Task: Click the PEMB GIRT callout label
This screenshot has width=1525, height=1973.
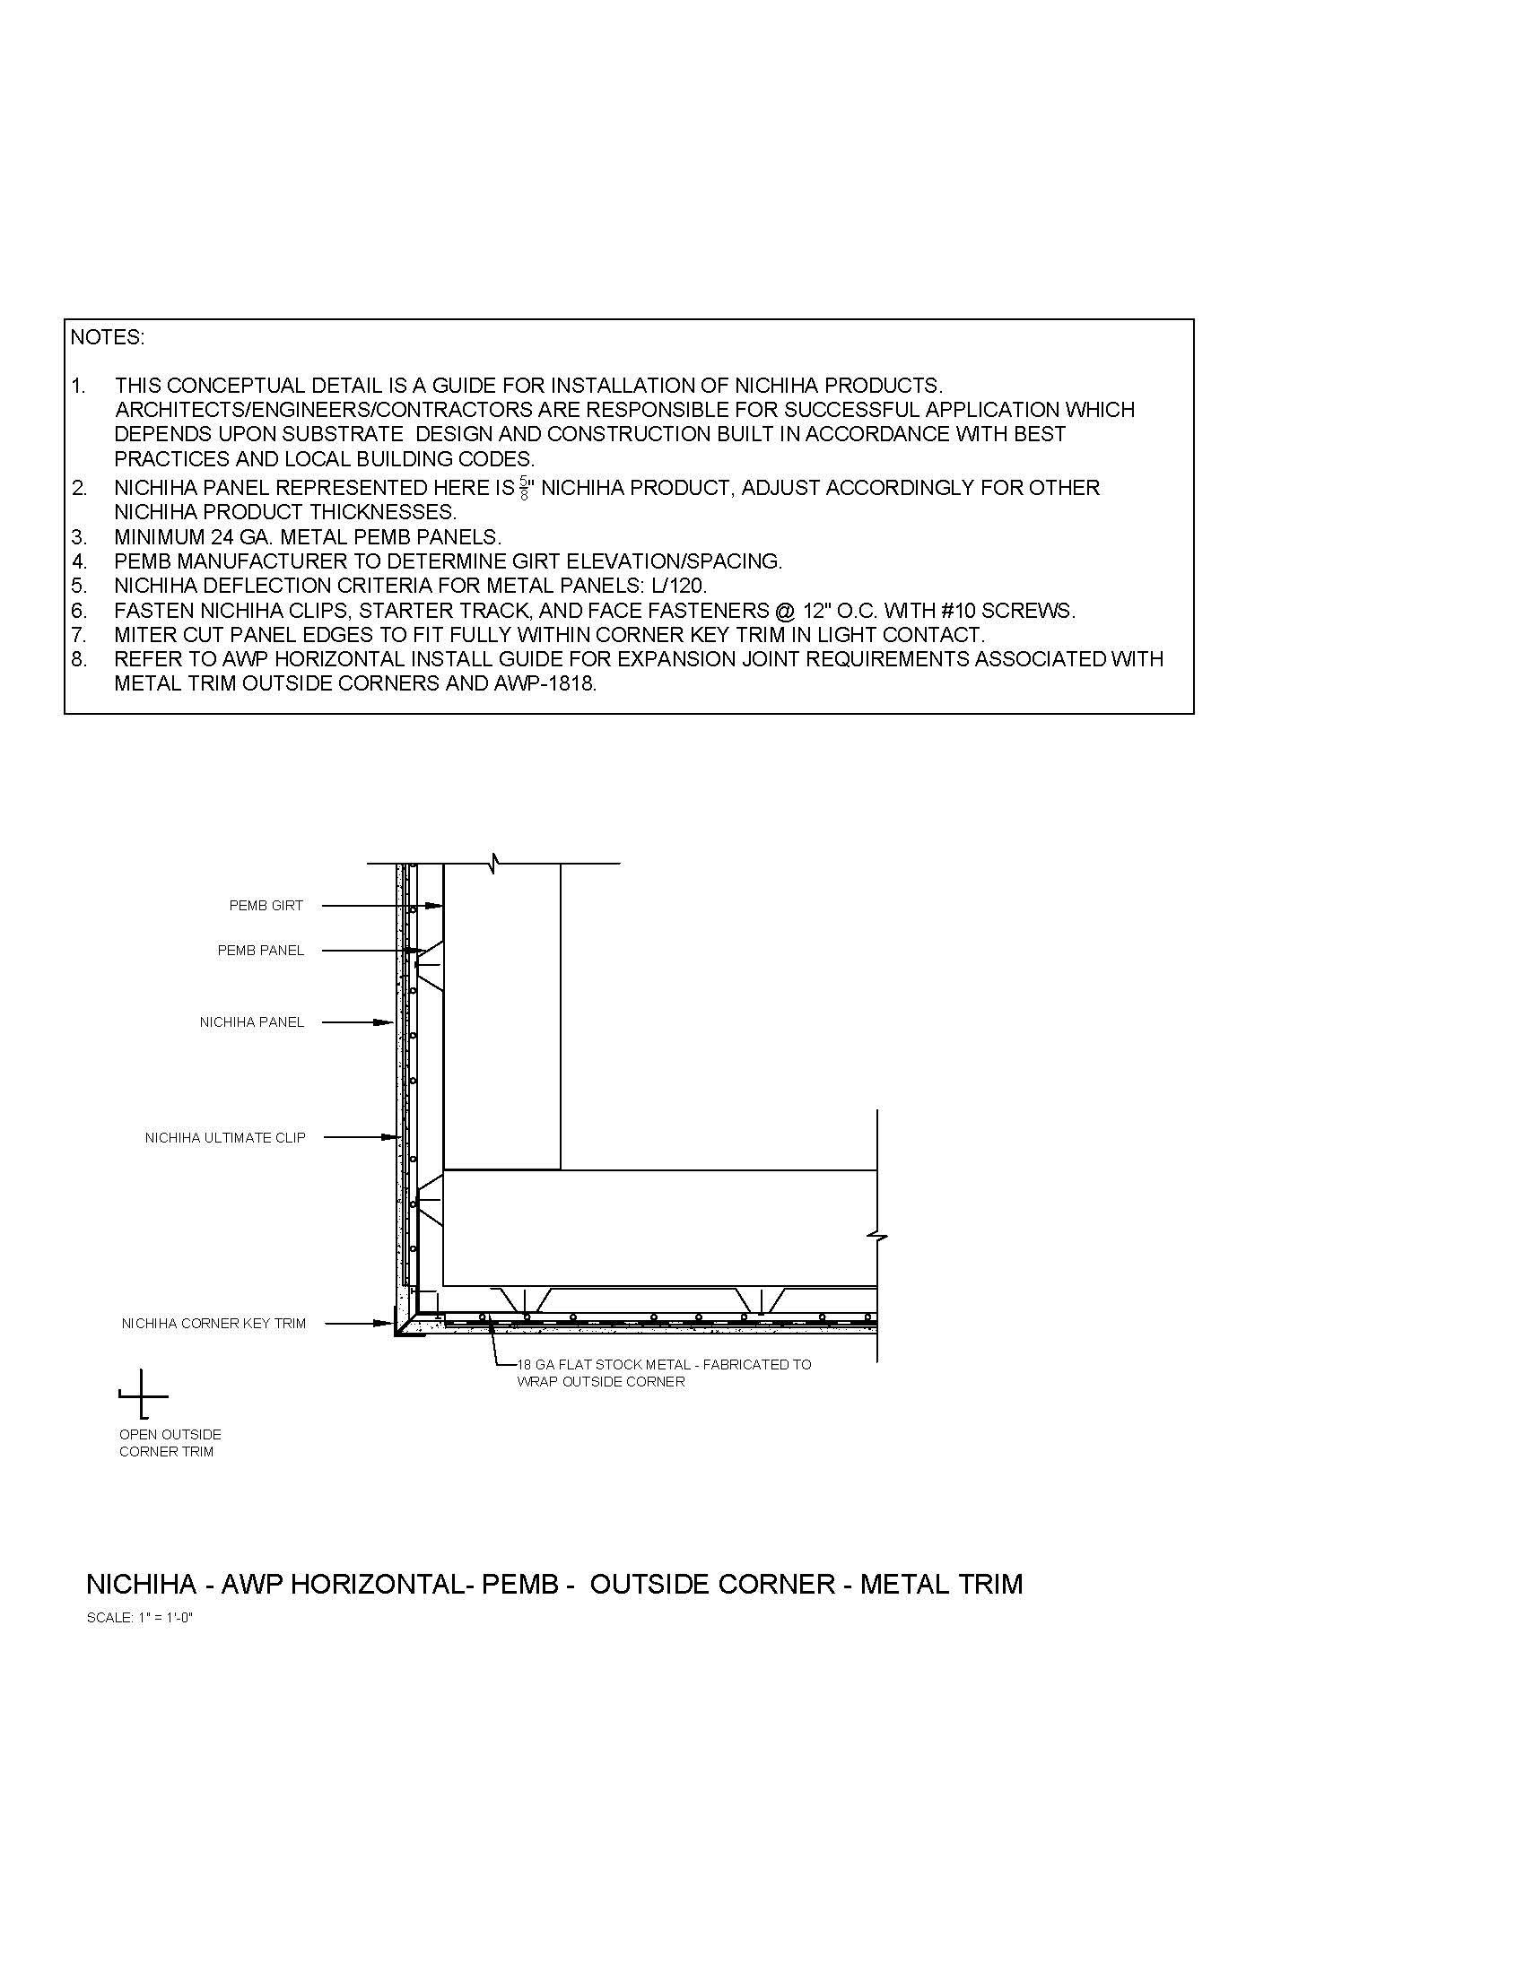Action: [266, 905]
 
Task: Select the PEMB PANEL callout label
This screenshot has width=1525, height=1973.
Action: [260, 951]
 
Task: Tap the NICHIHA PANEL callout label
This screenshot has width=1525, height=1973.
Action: [251, 1022]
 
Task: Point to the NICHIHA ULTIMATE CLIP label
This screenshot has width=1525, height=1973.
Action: [225, 1137]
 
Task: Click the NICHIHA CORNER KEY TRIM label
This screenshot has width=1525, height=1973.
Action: [213, 1324]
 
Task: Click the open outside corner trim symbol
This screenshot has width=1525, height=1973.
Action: [143, 1395]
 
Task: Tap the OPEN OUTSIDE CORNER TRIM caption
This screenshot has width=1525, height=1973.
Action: [170, 1443]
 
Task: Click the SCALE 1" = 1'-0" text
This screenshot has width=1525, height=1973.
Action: [140, 1618]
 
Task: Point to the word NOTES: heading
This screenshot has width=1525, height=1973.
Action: [107, 338]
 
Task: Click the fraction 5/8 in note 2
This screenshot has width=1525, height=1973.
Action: [524, 489]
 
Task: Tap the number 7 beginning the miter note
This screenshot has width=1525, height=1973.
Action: [78, 635]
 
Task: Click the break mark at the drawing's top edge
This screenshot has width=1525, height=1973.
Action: [494, 863]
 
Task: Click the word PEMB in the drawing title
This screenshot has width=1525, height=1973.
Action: [520, 1585]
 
